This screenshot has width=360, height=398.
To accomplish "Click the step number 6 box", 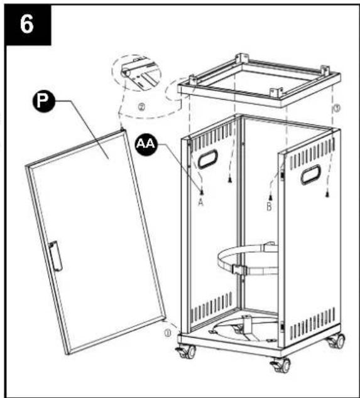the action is [x=28, y=25].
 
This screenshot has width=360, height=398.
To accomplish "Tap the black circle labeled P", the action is [x=43, y=101].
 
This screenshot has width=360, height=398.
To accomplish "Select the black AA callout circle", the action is [x=146, y=144].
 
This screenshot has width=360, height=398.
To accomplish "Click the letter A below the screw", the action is [x=201, y=203].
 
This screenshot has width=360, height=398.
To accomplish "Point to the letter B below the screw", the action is [x=269, y=207].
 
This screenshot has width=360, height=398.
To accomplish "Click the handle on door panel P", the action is [x=56, y=256].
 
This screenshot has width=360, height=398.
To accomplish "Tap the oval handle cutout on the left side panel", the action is [x=208, y=159].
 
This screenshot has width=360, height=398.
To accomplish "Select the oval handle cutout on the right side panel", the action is [x=311, y=175].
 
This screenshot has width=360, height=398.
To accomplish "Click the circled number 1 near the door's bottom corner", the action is [x=167, y=333].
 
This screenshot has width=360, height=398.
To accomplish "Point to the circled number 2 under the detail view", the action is [x=141, y=107].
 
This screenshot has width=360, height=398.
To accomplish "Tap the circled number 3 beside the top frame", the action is [x=337, y=109].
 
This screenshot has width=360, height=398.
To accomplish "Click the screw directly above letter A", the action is [x=202, y=192].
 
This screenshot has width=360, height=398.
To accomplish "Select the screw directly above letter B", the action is [x=271, y=196].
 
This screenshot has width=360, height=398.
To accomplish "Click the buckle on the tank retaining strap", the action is [x=238, y=269].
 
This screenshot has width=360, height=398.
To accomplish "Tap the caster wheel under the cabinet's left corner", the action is [x=187, y=352].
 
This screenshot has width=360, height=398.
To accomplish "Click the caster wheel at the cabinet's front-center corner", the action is [x=281, y=365].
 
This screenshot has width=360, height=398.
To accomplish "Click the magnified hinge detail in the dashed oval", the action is [x=136, y=72].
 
